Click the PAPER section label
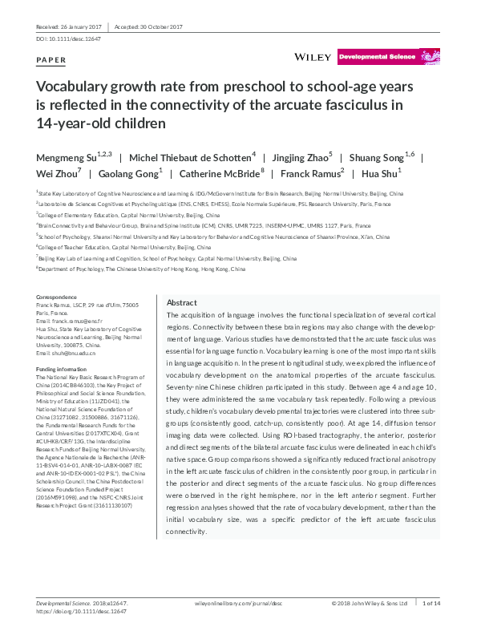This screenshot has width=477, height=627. (52, 60)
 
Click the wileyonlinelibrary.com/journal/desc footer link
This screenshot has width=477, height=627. (240, 603)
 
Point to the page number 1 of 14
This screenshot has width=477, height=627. (432, 603)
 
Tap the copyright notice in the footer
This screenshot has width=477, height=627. (370, 603)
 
